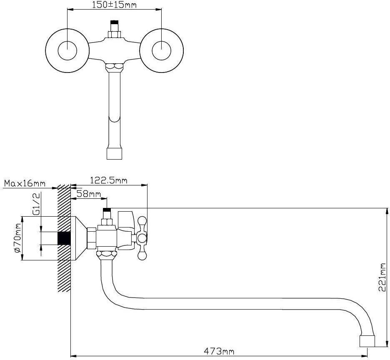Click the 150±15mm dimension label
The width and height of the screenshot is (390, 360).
tap(114, 5)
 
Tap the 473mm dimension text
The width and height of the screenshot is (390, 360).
tap(219, 351)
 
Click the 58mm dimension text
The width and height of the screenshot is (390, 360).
tap(89, 194)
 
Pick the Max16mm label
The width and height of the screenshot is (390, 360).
tap(25, 183)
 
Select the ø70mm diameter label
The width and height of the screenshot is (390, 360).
tap(17, 237)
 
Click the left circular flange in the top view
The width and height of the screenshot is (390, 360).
tap(67, 51)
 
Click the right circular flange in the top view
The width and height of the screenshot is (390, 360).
tap(162, 51)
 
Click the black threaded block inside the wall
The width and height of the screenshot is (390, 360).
tap(63, 238)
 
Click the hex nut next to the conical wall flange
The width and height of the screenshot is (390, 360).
tap(91, 238)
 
